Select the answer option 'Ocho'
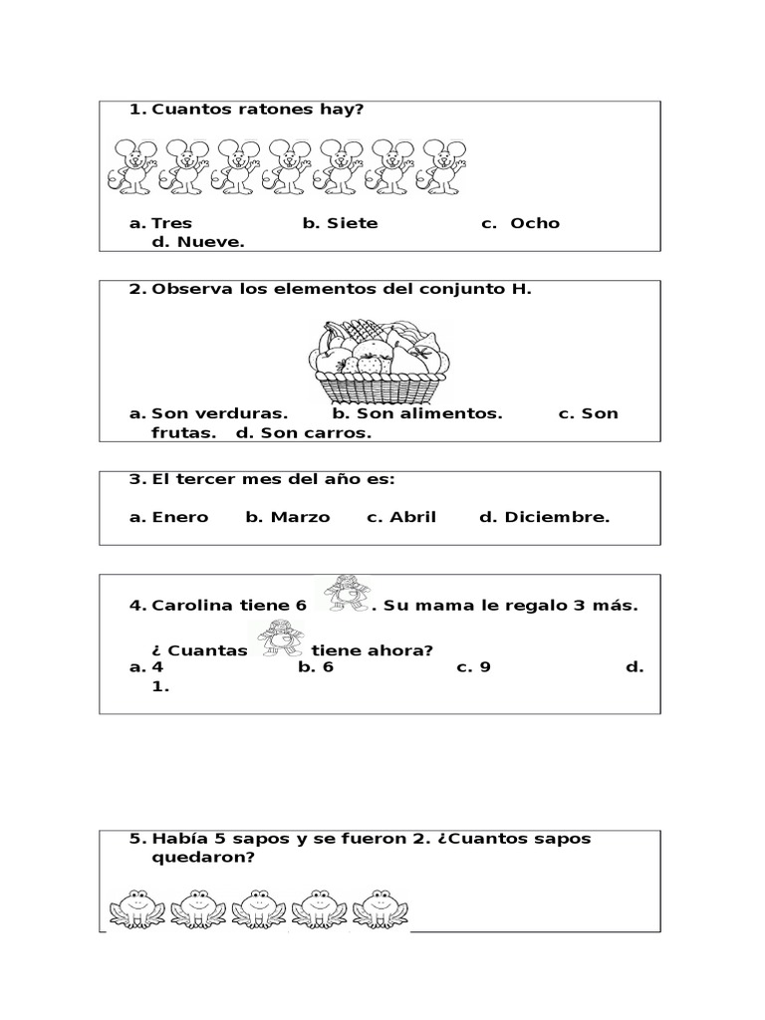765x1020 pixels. [x=535, y=223]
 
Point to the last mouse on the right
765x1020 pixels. [x=443, y=165]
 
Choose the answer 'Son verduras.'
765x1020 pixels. [x=219, y=413]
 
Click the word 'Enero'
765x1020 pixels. [x=180, y=516]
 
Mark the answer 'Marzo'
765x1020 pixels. [x=300, y=516]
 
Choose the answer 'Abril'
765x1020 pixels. [x=413, y=516]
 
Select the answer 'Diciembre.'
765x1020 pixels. [x=557, y=516]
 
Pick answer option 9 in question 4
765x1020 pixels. [x=485, y=666]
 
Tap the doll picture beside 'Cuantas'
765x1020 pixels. [x=281, y=638]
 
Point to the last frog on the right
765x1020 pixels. [x=380, y=906]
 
